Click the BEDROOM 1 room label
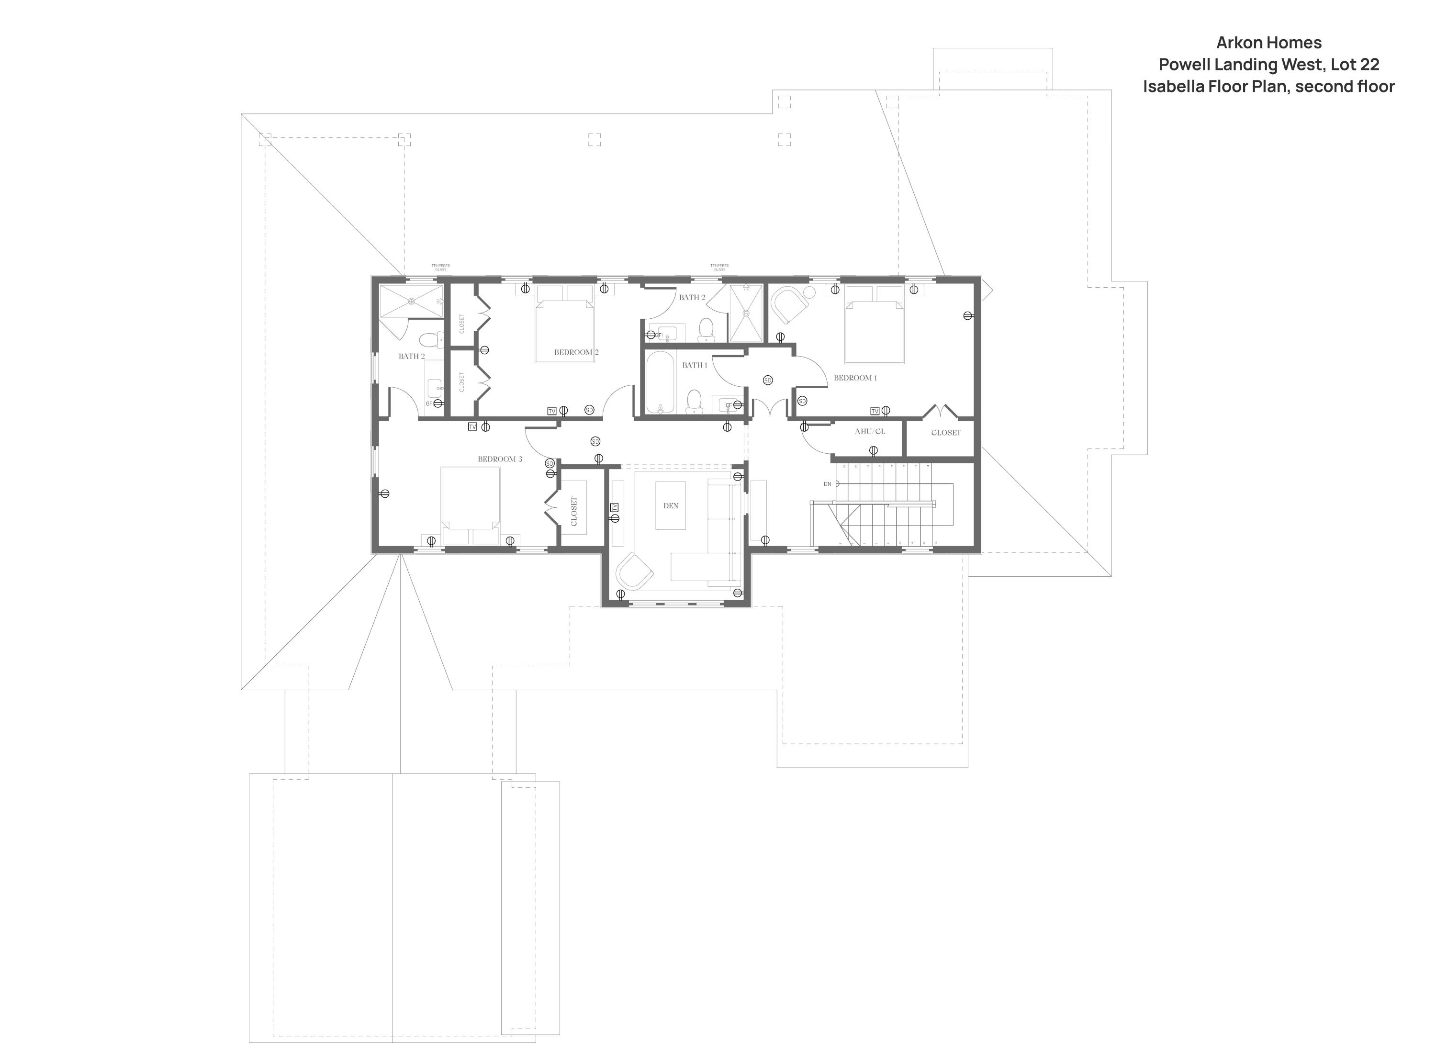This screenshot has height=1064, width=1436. coord(855,378)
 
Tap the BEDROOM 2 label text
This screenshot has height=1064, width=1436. coord(576,352)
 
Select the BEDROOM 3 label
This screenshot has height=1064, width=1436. coord(500,459)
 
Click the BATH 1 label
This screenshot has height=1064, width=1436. coord(694,365)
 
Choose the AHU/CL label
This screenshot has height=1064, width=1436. coord(869,432)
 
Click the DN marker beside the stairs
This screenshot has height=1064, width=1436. coord(828,484)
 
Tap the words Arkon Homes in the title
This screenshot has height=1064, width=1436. coord(1268,43)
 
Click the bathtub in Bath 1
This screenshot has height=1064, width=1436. coord(660,382)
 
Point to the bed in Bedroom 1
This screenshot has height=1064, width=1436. coord(875,325)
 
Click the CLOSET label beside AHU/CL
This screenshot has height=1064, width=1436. coord(945,433)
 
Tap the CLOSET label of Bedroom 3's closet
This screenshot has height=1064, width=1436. coord(574,511)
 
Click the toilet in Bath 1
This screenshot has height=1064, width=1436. coord(694,401)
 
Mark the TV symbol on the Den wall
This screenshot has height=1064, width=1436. coord(614,507)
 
